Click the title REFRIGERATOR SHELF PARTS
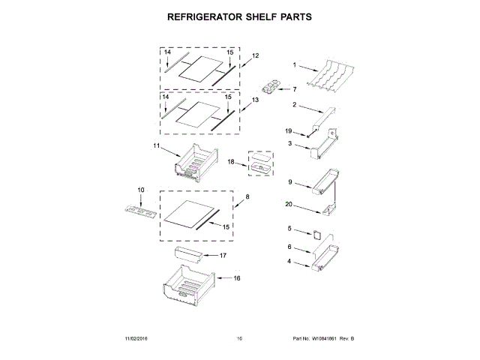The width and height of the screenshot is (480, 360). (x=239, y=16)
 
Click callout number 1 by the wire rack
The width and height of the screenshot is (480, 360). (x=295, y=64)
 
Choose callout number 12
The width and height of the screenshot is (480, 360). (x=255, y=56)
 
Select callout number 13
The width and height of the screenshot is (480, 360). (x=255, y=100)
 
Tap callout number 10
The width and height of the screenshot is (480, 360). (x=139, y=189)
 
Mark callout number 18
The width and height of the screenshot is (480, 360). (x=232, y=161)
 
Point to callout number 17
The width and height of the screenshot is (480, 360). (x=223, y=256)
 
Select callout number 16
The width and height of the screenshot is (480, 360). (x=237, y=278)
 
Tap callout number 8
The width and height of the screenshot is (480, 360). (x=248, y=196)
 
